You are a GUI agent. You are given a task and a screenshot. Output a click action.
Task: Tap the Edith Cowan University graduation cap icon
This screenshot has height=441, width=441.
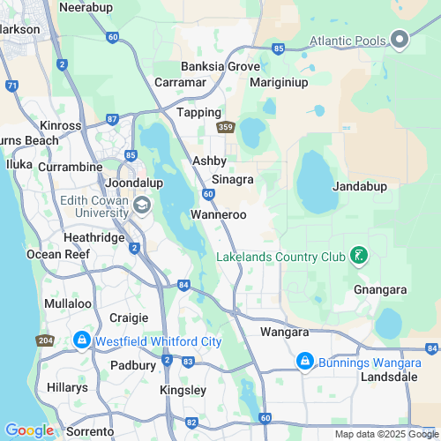(142, 205)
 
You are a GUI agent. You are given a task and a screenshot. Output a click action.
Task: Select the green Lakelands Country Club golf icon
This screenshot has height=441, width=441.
(358, 257)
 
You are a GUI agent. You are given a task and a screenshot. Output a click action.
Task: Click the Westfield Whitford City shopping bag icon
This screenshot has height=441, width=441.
(81, 340)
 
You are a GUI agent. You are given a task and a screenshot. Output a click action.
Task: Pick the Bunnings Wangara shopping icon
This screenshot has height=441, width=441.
(304, 360)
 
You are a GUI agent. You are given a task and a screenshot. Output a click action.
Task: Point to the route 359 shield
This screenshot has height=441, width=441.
(227, 127)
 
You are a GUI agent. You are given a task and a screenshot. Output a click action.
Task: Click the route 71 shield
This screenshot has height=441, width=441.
(11, 86)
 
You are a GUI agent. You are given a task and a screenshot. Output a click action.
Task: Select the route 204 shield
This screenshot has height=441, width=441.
(46, 340)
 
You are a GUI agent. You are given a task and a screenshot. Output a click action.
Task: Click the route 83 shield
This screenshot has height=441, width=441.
(188, 362)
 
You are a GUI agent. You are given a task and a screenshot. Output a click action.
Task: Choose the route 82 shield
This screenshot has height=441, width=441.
(192, 422)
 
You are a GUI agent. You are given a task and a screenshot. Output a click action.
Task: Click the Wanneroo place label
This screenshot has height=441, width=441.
(218, 214)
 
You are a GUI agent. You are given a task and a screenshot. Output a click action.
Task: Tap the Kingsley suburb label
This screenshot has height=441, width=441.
(183, 390)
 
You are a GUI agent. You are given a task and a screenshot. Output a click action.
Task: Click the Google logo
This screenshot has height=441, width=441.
(30, 430)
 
